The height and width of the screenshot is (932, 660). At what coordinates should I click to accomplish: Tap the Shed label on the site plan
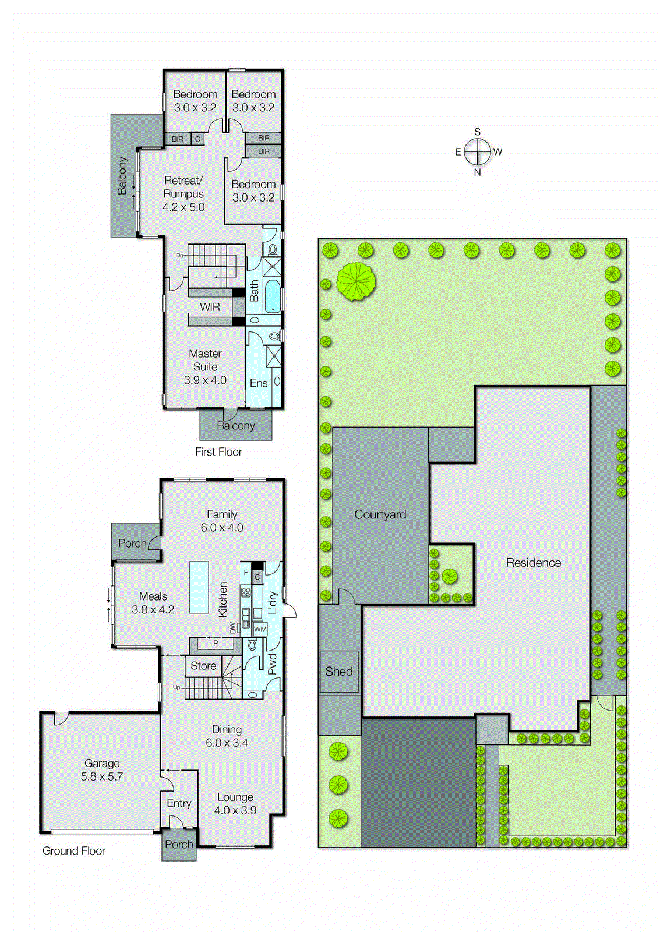click(339, 672)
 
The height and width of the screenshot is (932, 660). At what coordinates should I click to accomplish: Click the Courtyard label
click(380, 515)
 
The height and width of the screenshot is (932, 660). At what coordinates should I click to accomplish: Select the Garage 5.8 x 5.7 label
click(102, 770)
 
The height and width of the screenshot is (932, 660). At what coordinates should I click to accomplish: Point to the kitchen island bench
click(199, 587)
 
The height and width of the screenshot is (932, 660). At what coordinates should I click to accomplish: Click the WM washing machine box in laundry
click(260, 629)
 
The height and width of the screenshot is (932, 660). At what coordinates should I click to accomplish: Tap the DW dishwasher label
click(233, 628)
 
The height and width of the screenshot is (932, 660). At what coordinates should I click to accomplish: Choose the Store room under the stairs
click(203, 666)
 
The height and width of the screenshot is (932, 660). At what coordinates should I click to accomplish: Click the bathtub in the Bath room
click(273, 296)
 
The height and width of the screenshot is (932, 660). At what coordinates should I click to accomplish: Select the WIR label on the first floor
click(210, 307)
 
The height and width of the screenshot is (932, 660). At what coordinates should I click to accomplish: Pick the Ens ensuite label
click(259, 383)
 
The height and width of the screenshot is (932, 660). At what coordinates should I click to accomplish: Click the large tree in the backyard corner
click(355, 281)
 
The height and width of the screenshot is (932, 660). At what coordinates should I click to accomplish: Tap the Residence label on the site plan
click(533, 563)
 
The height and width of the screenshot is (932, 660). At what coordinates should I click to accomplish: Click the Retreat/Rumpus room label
click(183, 194)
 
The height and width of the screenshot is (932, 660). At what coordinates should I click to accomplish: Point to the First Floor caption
click(218, 452)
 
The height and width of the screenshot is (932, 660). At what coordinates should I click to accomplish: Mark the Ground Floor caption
click(74, 851)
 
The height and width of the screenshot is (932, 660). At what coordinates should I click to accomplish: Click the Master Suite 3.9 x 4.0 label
click(205, 367)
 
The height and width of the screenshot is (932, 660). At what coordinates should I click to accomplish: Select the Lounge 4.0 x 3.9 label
click(235, 804)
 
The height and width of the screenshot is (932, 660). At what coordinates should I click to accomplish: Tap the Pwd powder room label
click(272, 665)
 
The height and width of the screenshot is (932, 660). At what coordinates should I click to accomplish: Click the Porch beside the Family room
click(133, 543)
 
